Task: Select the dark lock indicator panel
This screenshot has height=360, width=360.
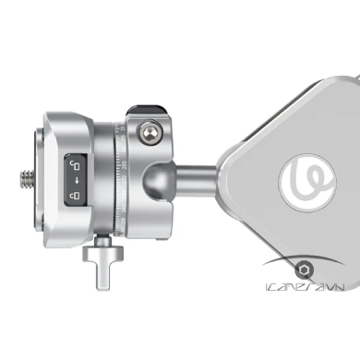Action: pos(74,178)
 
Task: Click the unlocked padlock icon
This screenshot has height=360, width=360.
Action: pos(74,164)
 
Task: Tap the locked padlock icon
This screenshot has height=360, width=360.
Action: pos(74,195)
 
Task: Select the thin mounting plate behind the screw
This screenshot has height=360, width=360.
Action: pos(37,175)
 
